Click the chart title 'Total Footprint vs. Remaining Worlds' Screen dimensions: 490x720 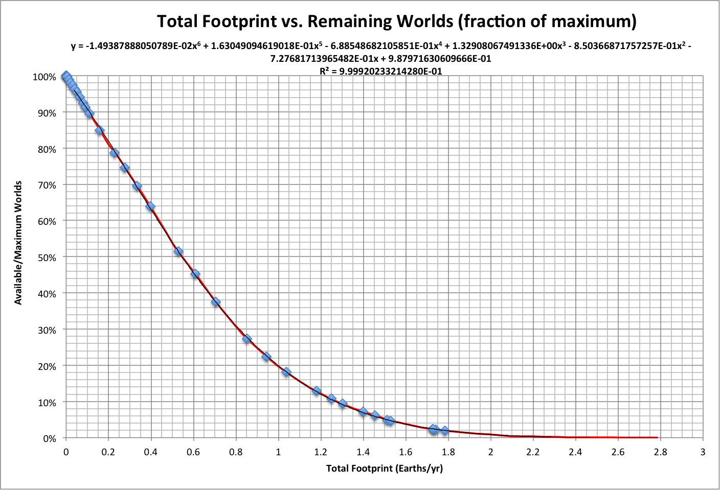point(396,21)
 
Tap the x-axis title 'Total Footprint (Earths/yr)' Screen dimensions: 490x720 point(384,468)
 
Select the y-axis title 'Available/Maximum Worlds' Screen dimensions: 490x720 point(18,243)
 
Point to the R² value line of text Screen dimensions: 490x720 point(380,72)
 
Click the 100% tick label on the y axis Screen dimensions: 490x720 point(44,77)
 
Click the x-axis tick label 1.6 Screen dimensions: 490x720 point(406,452)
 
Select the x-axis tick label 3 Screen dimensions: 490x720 point(703,452)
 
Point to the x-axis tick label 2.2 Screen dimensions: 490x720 point(533,452)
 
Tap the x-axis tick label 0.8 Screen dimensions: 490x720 point(236,452)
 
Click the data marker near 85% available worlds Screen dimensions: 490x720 point(100,130)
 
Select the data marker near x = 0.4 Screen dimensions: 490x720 point(150,206)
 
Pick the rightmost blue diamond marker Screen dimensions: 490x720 point(445,431)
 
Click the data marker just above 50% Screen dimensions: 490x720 point(178,251)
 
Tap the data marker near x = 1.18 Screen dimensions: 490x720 point(317,391)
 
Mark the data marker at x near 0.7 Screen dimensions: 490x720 point(216,302)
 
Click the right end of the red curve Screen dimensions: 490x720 point(657,437)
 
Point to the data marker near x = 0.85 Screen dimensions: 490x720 point(247,338)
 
